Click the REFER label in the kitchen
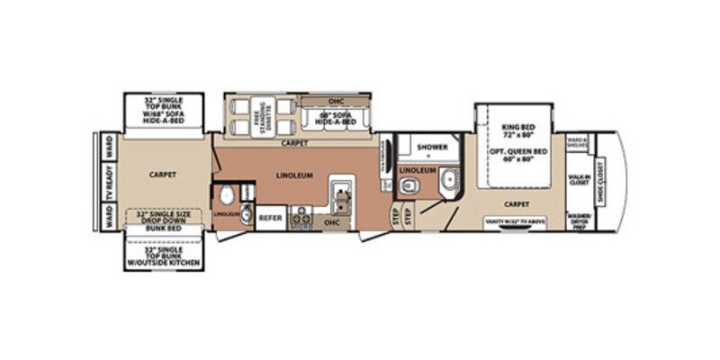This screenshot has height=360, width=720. point(270,218)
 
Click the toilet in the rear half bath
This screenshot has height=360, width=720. point(228,197)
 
